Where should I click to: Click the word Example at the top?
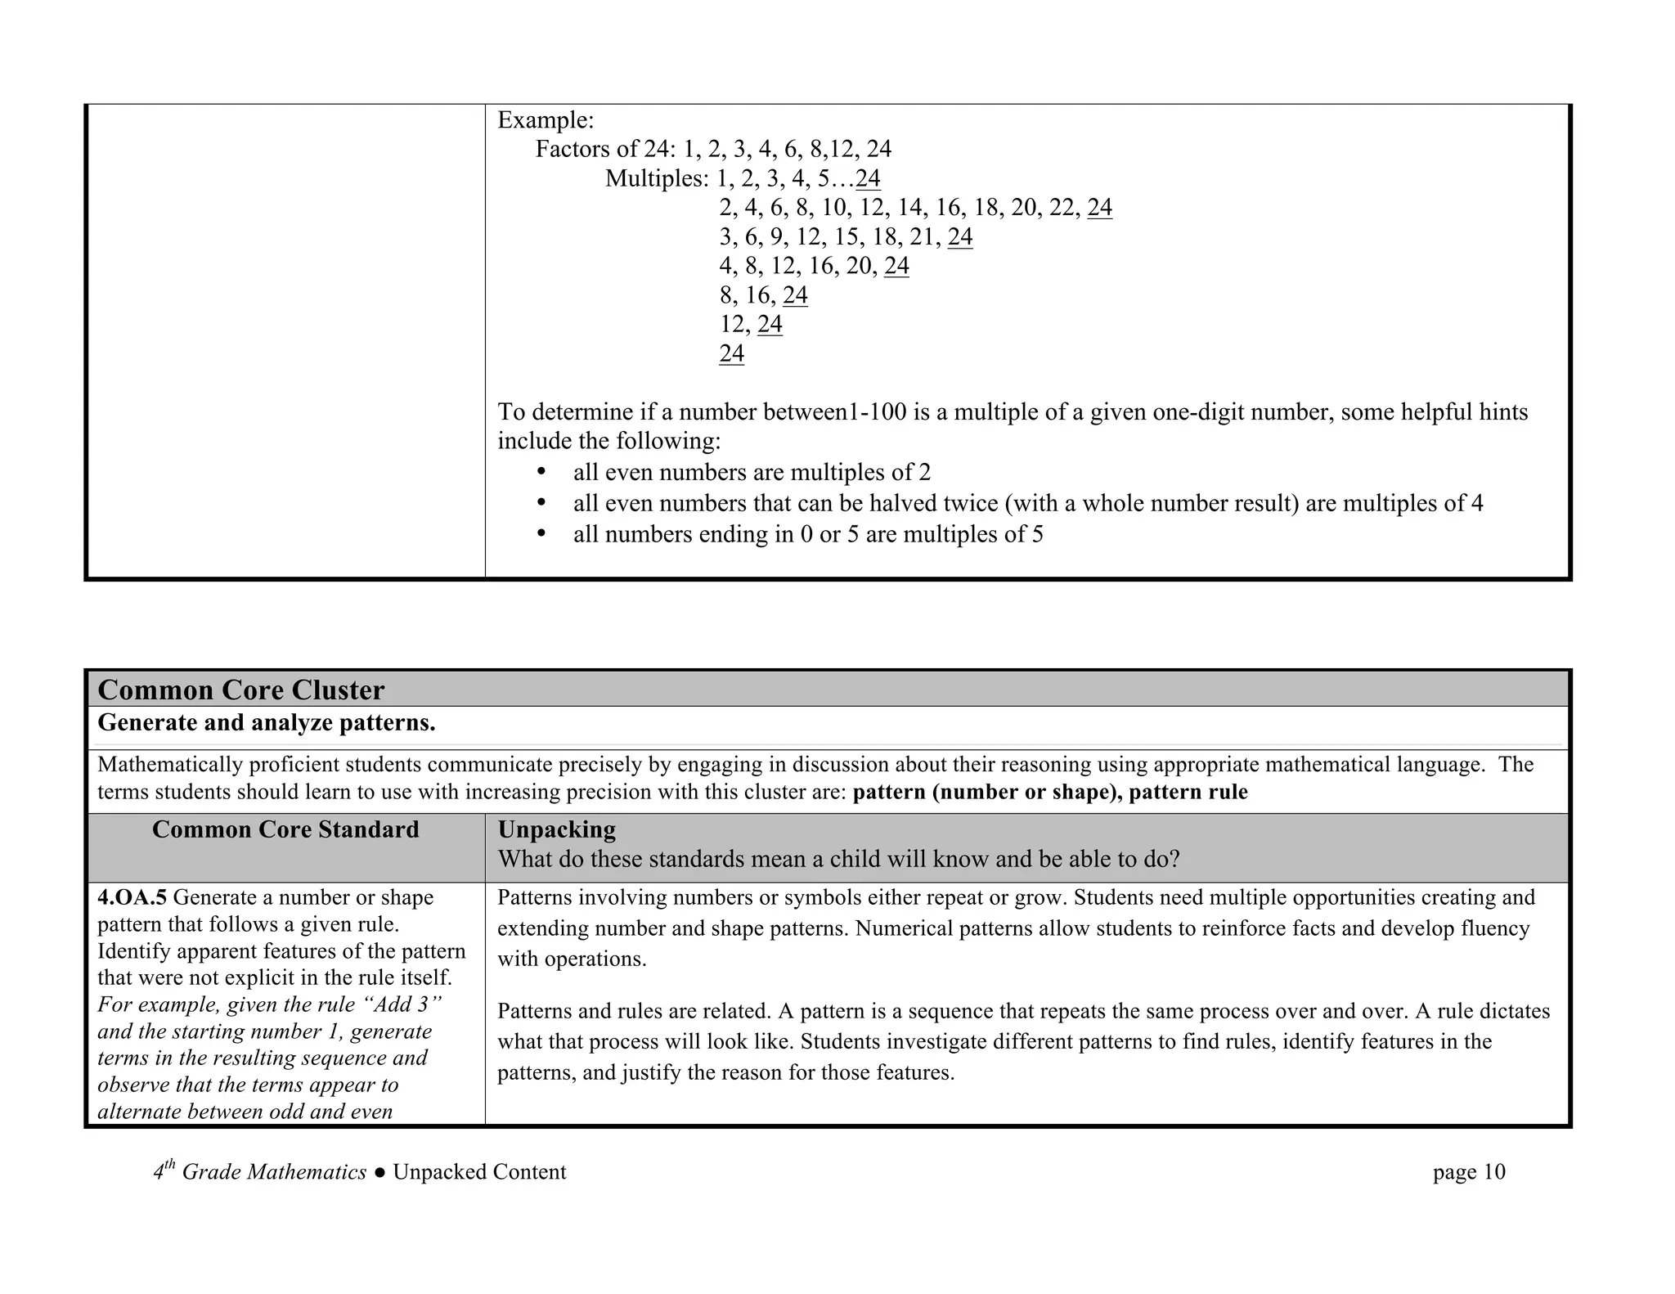click(x=544, y=121)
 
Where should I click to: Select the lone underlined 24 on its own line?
click(x=732, y=354)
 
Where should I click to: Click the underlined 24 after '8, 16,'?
click(x=795, y=295)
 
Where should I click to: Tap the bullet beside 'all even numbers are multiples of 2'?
click(x=541, y=473)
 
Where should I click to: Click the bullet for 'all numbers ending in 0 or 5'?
click(x=541, y=534)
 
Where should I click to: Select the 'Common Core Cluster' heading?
click(x=240, y=690)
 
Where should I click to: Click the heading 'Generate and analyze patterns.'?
click(x=266, y=724)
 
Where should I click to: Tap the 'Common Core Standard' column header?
click(x=285, y=830)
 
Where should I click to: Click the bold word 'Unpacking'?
click(x=556, y=830)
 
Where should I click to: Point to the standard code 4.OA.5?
click(x=132, y=898)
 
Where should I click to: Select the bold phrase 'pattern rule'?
click(x=1188, y=793)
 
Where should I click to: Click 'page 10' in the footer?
click(x=1469, y=1173)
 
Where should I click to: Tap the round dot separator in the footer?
click(x=379, y=1173)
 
